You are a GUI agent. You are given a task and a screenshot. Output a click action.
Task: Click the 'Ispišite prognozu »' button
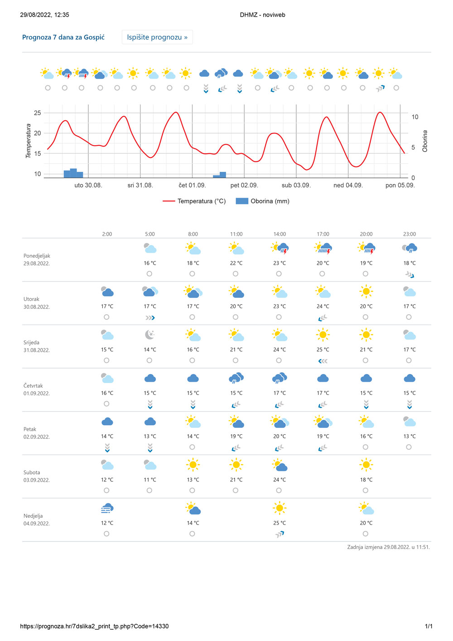pos(157,37)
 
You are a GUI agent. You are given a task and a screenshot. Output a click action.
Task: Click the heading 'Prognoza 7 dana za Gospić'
pos(63,37)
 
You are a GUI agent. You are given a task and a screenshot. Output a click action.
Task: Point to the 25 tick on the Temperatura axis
pos(37,113)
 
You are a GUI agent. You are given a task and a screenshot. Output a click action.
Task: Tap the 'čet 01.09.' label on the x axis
pos(192,185)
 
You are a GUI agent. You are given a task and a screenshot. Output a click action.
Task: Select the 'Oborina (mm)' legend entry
pos(263,201)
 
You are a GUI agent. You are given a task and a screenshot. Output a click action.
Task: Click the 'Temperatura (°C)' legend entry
pos(194,201)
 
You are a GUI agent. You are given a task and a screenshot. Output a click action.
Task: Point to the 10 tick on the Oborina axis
pos(415,117)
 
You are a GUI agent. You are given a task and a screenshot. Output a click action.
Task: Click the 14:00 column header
pos(280,234)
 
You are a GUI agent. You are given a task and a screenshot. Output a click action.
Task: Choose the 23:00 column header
pos(410,234)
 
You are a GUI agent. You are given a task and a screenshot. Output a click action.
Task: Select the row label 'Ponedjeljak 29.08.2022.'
pos(37,259)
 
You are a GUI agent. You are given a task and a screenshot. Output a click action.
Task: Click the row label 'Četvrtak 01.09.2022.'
pos(37,389)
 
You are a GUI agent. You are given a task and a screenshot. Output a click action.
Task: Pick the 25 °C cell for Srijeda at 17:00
pos(323,350)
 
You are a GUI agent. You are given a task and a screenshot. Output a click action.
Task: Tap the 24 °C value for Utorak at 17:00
pos(323,306)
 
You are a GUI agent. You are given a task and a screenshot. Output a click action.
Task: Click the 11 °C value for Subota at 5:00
pos(150,480)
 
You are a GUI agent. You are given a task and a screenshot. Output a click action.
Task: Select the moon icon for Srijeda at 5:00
pos(150,335)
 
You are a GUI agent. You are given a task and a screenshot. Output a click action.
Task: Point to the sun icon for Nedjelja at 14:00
pos(280,508)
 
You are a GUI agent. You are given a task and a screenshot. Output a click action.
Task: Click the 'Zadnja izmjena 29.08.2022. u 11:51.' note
pos(388,547)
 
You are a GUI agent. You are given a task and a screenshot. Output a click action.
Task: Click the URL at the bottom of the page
pos(94,626)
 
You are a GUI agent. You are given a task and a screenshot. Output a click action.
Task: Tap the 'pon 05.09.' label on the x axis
pos(400,185)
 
